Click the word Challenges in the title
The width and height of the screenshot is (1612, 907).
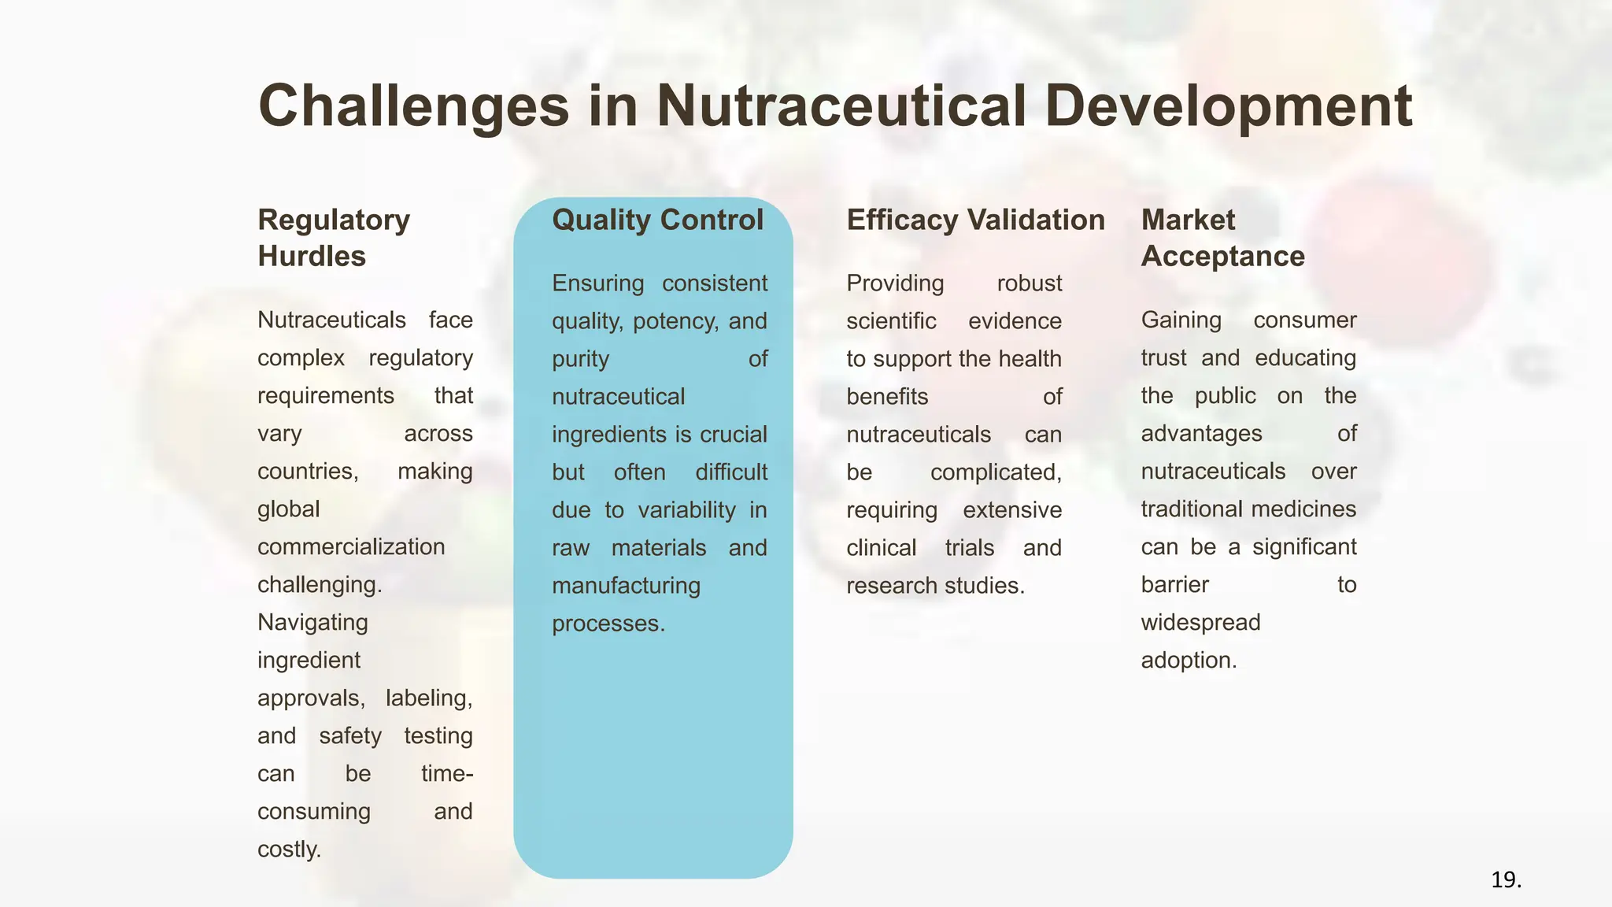pos(413,106)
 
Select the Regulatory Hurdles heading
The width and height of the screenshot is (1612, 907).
pos(334,238)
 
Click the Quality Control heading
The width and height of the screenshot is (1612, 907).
pos(657,220)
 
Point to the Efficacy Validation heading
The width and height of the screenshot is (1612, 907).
pos(975,220)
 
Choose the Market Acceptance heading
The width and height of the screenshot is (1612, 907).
pos(1222,238)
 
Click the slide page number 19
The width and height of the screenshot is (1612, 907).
pos(1506,879)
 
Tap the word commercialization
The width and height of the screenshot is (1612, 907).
pos(351,546)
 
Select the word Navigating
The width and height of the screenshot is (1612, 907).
pos(312,622)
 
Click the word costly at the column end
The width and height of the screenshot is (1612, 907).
pos(288,849)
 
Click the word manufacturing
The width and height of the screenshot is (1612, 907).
pos(626,586)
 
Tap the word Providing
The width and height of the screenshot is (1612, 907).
pos(895,283)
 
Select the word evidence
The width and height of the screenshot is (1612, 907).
pos(1015,321)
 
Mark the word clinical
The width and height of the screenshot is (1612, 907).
pos(882,548)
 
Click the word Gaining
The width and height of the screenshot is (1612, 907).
pos(1181,320)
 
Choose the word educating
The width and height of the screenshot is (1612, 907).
pos(1305,357)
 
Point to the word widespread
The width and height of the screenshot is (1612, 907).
pos(1200,622)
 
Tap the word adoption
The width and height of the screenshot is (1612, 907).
pos(1188,660)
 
